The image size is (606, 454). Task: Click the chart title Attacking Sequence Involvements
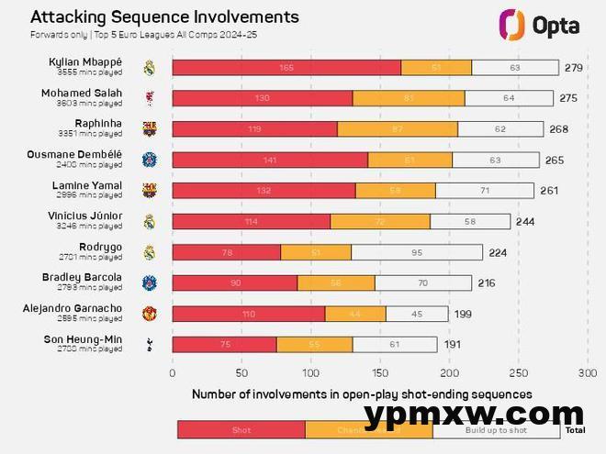pos(164,17)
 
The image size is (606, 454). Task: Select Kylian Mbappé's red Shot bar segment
pos(286,67)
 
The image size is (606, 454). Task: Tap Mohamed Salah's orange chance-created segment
pos(409,98)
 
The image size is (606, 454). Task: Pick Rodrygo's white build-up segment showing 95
pos(417,252)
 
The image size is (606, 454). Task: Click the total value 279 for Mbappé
pos(574,67)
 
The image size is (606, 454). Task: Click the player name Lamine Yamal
pos(86,185)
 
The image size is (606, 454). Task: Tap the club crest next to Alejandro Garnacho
pos(150,314)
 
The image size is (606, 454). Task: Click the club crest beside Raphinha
pos(150,128)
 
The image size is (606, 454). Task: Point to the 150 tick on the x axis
pos(380,372)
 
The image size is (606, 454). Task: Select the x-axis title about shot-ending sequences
pos(362,394)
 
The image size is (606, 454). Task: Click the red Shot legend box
pos(241,429)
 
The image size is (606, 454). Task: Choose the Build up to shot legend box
pos(496,429)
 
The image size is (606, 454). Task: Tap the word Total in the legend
pos(575,429)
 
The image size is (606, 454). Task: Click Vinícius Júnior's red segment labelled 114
pos(252,221)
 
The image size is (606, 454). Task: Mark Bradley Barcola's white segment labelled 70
pos(423,282)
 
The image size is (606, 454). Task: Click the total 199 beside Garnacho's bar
pos(463,314)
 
